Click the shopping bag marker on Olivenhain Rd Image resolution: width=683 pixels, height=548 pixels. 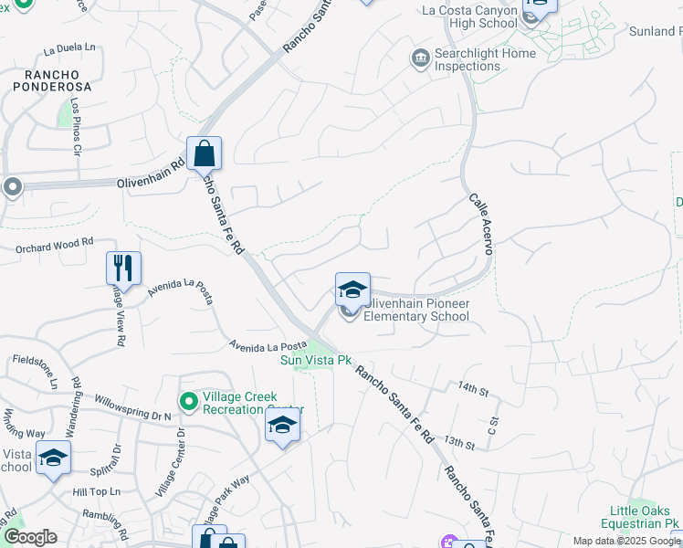[x=204, y=153]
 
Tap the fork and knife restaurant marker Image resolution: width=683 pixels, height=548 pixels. [x=123, y=269]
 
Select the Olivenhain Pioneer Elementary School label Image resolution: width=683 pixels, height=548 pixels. [x=416, y=310]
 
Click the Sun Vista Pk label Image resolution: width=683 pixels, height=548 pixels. [x=316, y=360]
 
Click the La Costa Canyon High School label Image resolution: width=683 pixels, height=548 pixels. [x=469, y=17]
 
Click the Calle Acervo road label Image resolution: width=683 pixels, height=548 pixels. [x=480, y=223]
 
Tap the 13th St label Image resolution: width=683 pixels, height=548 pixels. [x=458, y=443]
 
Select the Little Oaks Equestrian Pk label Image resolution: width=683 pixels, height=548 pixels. [x=638, y=516]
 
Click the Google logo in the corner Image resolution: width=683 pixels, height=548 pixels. [x=29, y=537]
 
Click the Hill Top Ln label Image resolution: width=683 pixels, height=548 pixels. [x=96, y=492]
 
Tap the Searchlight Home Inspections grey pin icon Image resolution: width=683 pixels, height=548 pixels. [x=420, y=59]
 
